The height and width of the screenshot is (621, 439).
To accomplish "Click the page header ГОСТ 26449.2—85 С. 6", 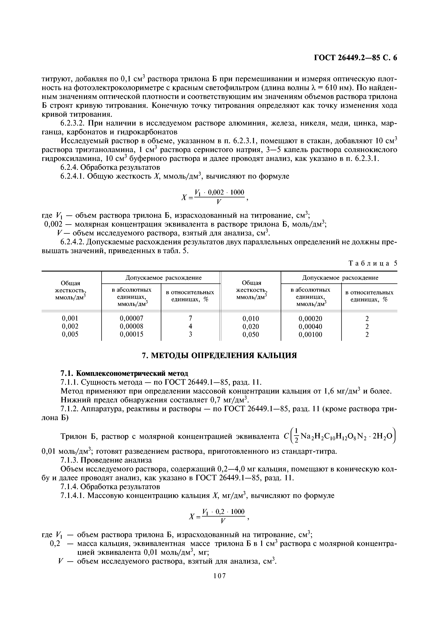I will [355, 58].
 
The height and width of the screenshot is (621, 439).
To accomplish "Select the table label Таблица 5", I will [373, 263].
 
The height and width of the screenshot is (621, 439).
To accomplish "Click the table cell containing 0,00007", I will [131, 318].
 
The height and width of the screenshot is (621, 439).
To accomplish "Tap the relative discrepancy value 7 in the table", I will [190, 318].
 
